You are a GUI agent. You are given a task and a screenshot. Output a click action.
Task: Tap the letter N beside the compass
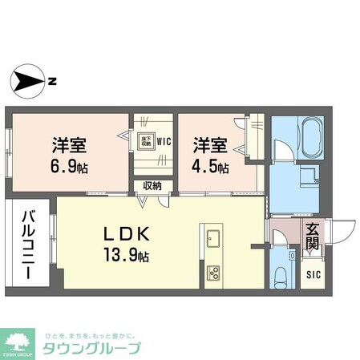point(51,81)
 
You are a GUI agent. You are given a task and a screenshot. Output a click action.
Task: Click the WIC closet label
point(164,142)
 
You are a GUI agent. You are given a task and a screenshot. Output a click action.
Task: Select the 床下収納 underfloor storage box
point(147,141)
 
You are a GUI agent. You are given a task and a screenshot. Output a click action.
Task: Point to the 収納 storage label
point(152,186)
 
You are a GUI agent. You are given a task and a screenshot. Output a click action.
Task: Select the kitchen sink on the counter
point(213,237)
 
